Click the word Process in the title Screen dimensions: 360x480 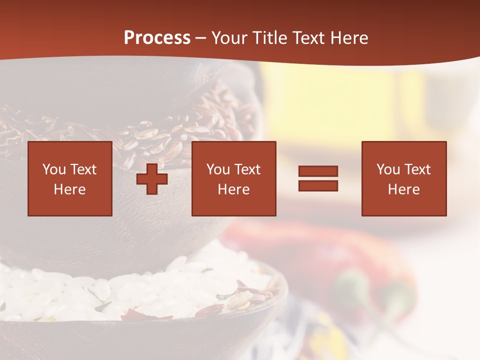tap(157, 38)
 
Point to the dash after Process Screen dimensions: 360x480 tap(200, 39)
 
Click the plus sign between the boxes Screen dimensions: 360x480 tap(152, 179)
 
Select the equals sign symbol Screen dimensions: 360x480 tap(318, 178)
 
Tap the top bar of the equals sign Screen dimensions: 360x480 tap(318, 171)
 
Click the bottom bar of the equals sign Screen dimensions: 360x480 tap(318, 185)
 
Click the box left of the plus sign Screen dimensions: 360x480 tap(70, 178)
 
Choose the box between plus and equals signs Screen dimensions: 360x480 tap(234, 178)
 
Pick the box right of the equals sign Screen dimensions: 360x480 tap(404, 178)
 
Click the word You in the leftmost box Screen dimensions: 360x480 tap(53, 169)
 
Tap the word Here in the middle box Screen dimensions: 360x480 tap(234, 189)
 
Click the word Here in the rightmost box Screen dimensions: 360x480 tap(404, 189)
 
